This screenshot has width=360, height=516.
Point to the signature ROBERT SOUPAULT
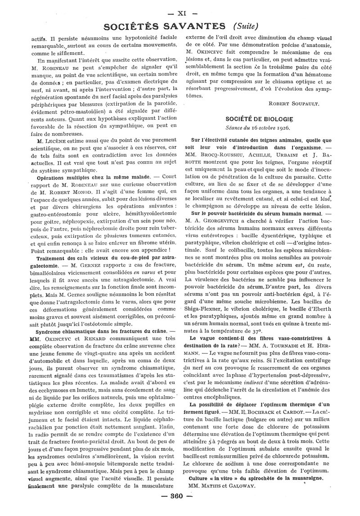pos(293,103)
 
